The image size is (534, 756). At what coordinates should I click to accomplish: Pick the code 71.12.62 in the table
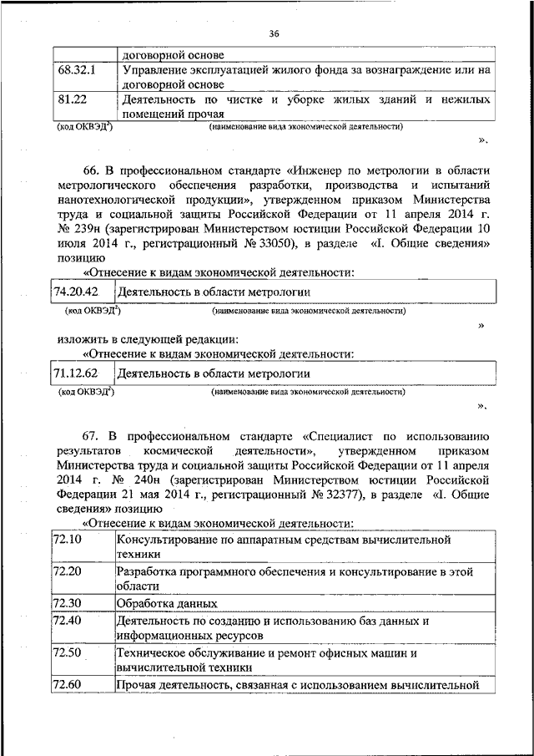(76, 373)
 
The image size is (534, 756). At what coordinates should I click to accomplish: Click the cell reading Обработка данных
(167, 603)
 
